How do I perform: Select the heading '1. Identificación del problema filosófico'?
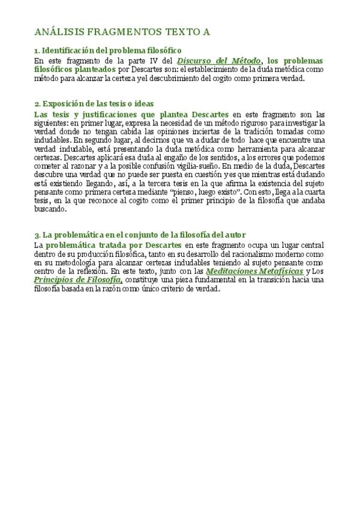point(108,51)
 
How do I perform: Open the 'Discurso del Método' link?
point(219,61)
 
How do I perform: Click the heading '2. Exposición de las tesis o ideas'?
point(94,104)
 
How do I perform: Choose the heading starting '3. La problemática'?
point(140,235)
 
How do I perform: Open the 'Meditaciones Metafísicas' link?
point(254,271)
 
